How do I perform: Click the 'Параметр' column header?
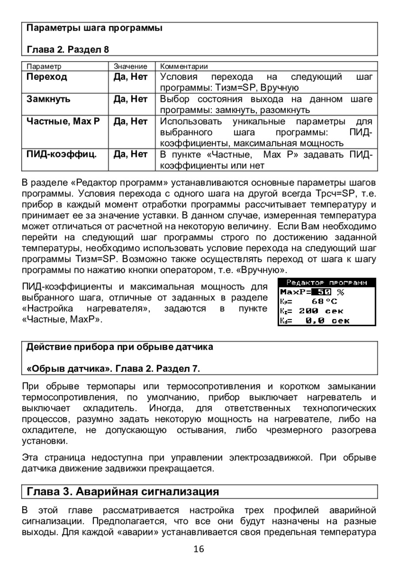coord(44,66)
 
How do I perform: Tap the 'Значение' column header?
coord(130,66)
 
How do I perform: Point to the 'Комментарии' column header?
coord(184,66)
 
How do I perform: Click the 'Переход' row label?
coord(46,77)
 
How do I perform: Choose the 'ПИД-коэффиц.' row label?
coord(61,154)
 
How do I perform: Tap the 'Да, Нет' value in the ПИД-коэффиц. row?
coord(130,154)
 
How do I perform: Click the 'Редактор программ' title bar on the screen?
coord(326,282)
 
